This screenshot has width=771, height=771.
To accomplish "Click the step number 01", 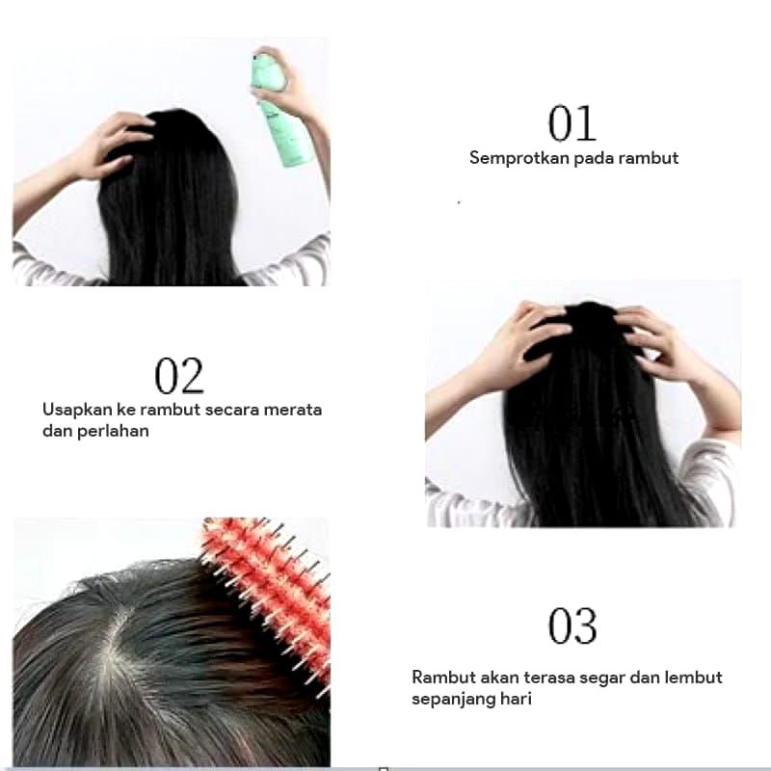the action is (x=572, y=123).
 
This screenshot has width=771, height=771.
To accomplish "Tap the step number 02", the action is (x=179, y=376).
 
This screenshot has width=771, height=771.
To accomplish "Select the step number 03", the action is (x=572, y=625).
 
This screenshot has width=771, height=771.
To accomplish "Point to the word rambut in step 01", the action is (x=649, y=158).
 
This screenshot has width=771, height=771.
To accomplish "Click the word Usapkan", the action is (x=78, y=411).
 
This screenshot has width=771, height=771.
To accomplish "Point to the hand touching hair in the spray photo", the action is (x=110, y=146).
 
